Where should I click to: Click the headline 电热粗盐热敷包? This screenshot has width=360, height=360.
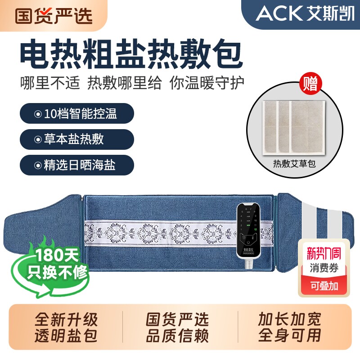(x=130, y=54)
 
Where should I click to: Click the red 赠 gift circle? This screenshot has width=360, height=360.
(x=310, y=84)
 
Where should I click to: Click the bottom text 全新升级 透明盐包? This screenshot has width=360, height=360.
(x=66, y=327)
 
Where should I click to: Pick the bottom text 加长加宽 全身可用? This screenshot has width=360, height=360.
(x=289, y=327)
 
